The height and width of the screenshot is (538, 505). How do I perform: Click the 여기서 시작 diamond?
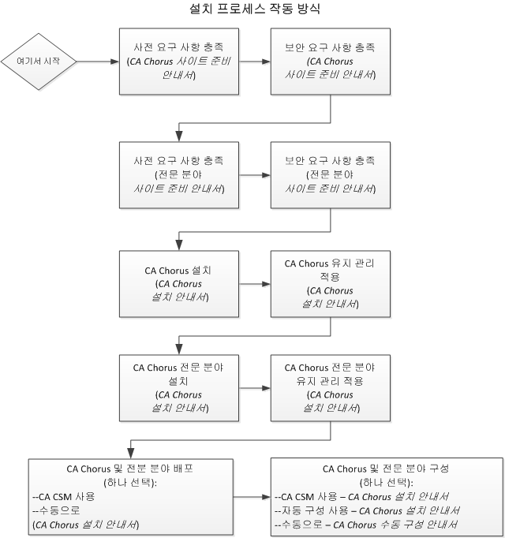(x=38, y=61)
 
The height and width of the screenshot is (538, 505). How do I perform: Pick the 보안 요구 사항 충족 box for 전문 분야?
(x=330, y=174)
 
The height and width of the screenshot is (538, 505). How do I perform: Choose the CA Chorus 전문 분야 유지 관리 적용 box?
(x=330, y=387)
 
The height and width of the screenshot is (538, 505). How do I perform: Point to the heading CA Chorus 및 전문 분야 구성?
(x=386, y=469)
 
